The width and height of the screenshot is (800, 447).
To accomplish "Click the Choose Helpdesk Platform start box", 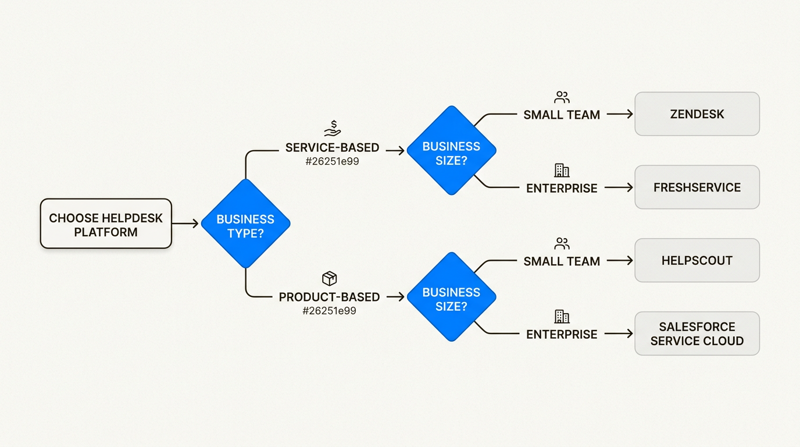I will pos(106,224).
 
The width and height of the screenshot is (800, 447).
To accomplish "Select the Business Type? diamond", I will pos(245,224).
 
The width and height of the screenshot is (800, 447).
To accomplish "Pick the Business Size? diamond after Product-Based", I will pos(451,297).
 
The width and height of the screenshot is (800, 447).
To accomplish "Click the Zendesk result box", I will pos(697,114).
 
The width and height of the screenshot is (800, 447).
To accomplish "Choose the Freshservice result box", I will pos(697,187).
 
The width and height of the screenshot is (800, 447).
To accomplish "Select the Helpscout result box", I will pos(697,260).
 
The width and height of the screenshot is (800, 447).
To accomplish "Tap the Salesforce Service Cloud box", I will pos(697,334).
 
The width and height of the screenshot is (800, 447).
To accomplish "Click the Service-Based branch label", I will pos(332,148).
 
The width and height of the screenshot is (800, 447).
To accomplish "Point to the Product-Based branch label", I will pos(329,297).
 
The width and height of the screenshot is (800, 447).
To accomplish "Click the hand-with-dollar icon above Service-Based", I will pos(332,129).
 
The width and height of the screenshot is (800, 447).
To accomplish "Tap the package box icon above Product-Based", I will pos(329,278).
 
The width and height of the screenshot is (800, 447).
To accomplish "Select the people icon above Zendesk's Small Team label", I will pos(562,97).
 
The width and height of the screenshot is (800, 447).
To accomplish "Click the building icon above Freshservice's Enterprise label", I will pos(562,171).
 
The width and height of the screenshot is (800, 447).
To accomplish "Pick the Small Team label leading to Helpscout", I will pos(562,261).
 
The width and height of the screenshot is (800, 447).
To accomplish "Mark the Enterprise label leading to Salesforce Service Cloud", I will pos(562,334).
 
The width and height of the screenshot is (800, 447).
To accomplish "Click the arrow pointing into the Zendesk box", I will pos(620,115).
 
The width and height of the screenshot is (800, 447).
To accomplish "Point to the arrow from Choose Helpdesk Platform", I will pos(186,224).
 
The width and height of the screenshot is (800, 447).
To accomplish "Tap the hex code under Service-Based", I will pos(332,162).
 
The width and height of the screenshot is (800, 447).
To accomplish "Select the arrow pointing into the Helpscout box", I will pos(620,261).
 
